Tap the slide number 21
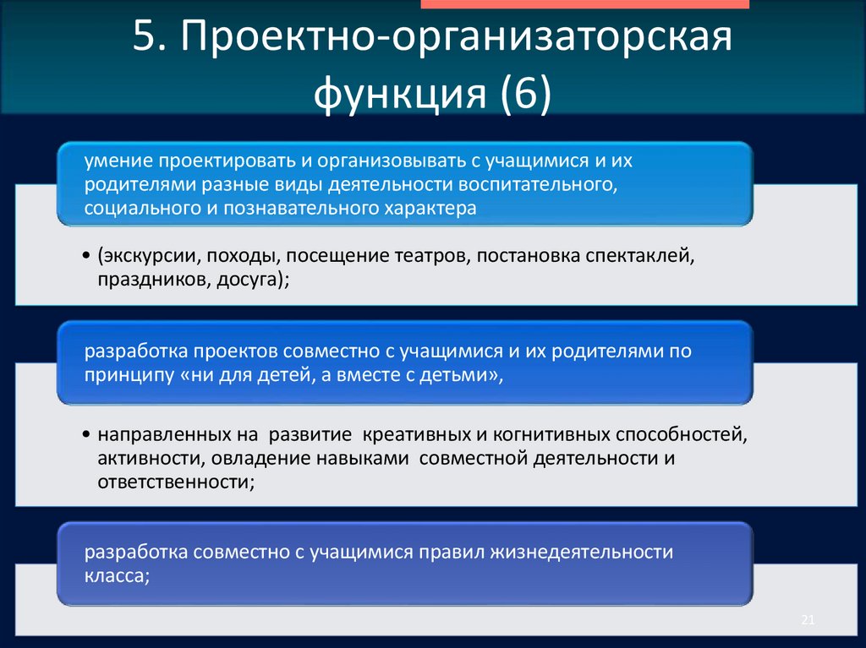[807, 622]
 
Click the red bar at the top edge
[584, 4]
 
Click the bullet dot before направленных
[88, 437]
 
